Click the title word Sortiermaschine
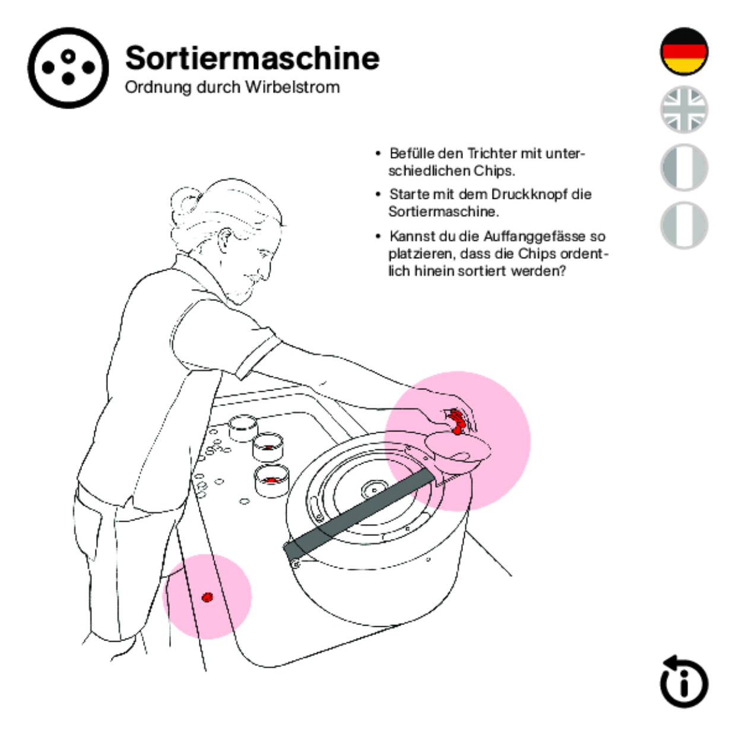252,58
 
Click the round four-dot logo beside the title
68,68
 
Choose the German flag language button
684,52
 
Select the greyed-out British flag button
684,109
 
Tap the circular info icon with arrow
684,682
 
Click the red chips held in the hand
457,420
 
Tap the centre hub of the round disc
373,490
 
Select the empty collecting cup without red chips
243,427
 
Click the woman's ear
226,240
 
